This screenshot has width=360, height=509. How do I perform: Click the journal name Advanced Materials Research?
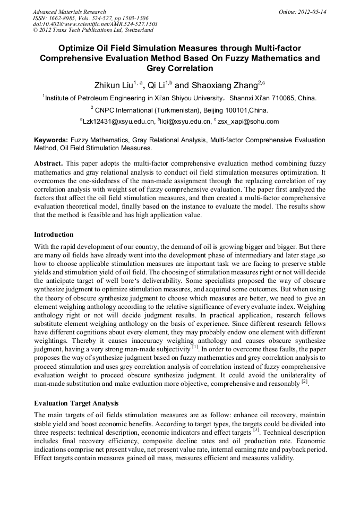point(69,11)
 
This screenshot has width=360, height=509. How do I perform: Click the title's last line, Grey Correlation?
point(179,68)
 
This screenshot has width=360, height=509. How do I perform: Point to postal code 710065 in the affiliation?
point(287,98)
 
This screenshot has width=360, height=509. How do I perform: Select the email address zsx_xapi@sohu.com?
point(248,122)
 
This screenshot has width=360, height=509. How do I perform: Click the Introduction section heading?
point(54,235)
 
